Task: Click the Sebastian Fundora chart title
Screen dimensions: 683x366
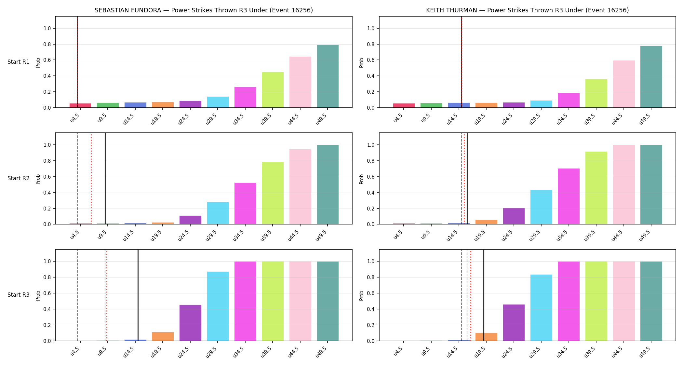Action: pos(204,10)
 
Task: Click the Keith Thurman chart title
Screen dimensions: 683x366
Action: pos(527,10)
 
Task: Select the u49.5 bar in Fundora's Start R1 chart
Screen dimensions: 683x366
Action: pos(328,76)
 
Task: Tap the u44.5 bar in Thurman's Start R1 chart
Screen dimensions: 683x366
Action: pos(623,84)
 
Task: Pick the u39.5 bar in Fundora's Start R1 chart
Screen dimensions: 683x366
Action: pos(273,90)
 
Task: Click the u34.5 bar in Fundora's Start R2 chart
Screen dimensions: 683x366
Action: pos(245,204)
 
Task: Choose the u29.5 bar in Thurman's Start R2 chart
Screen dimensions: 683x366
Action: pos(541,207)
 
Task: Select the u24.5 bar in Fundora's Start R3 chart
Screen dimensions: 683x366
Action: pos(190,323)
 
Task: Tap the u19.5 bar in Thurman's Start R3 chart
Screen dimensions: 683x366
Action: pos(486,337)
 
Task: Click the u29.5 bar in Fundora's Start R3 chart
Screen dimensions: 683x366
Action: pos(218,306)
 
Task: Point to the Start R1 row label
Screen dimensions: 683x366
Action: pos(19,62)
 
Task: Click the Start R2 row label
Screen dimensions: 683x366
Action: pos(19,178)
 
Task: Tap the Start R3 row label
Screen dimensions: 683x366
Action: pos(19,295)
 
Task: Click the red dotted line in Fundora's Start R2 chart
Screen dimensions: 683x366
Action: pos(91,179)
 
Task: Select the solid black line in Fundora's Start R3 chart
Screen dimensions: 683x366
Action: pos(138,295)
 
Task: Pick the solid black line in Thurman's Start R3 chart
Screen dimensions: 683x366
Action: pos(484,295)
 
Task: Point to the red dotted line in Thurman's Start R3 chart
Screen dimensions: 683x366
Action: pos(470,295)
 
